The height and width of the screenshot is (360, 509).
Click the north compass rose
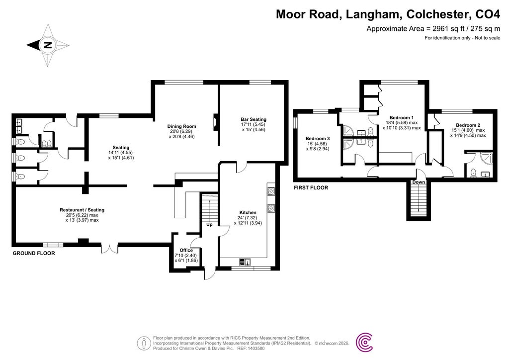pyautogui.click(x=47, y=45)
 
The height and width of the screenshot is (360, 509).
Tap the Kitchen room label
pyautogui.click(x=248, y=212)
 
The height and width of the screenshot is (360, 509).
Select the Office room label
pyautogui.click(x=186, y=250)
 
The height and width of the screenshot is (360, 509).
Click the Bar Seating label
pyautogui.click(x=254, y=119)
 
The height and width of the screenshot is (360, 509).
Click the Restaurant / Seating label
pyautogui.click(x=82, y=210)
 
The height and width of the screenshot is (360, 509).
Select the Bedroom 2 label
pyautogui.click(x=467, y=124)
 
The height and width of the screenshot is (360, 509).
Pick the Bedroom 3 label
pyautogui.click(x=318, y=138)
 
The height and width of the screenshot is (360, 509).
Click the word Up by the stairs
pyautogui.click(x=210, y=224)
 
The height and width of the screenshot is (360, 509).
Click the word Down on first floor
pyautogui.click(x=419, y=182)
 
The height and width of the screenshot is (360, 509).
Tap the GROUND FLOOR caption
pyautogui.click(x=33, y=253)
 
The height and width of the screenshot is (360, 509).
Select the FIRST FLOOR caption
pyautogui.click(x=311, y=188)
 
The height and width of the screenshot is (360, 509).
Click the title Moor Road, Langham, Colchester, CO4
pyautogui.click(x=388, y=14)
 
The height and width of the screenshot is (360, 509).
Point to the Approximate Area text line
pyautogui.click(x=433, y=28)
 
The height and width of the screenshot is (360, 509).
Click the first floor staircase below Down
pyautogui.click(x=419, y=201)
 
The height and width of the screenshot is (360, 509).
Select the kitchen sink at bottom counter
pyautogui.click(x=246, y=262)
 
